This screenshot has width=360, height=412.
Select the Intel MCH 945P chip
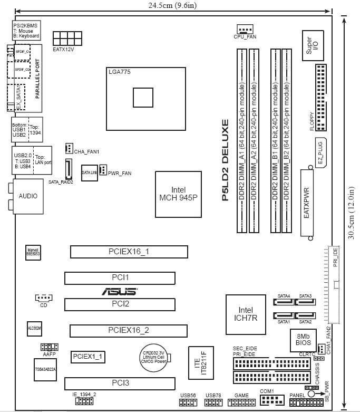click(179, 194)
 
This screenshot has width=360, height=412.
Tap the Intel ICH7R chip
click(246, 314)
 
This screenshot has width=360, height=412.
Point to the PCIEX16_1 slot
click(124, 251)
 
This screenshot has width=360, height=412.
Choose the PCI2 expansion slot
click(120, 304)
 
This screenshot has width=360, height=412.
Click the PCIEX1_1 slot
click(89, 357)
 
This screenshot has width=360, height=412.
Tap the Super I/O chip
click(312, 44)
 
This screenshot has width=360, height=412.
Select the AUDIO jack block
click(28, 195)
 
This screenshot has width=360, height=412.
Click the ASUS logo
click(120, 291)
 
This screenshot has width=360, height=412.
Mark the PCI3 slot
click(120, 382)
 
